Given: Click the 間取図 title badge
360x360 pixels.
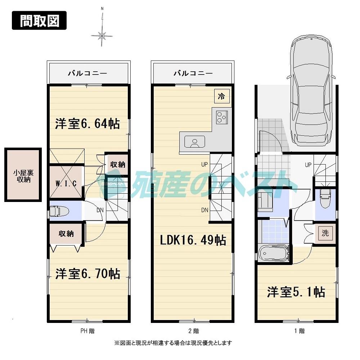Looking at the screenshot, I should [40, 21].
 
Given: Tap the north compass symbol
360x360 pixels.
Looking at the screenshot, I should [102, 35].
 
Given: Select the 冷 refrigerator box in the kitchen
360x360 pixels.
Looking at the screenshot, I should [222, 96].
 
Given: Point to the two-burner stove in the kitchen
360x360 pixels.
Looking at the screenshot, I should [221, 117].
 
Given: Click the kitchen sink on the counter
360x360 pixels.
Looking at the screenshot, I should [194, 141].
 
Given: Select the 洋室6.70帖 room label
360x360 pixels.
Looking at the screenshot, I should [87, 274].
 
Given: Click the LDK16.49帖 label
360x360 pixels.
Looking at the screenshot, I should [193, 240].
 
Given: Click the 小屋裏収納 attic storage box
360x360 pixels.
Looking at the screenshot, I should [23, 174].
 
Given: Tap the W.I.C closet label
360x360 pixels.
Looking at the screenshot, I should [66, 183].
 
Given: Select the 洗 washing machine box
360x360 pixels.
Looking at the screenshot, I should [325, 233].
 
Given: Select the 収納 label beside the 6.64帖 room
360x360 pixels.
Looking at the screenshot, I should [117, 165].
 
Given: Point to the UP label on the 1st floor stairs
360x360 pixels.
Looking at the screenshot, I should [308, 165].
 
